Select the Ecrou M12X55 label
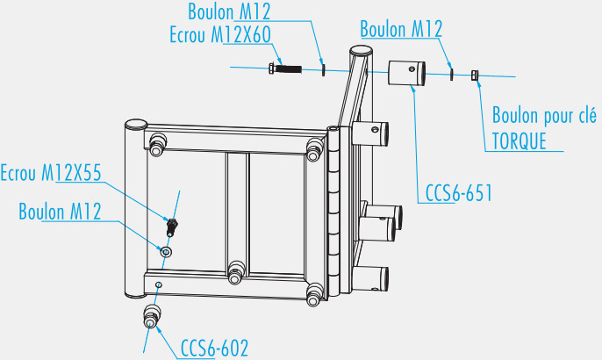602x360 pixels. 52,173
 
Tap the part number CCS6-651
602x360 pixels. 456,193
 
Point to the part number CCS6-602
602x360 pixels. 215,348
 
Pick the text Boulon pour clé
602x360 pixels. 544,116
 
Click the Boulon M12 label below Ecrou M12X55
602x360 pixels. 60,212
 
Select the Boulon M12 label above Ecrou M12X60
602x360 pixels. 229,11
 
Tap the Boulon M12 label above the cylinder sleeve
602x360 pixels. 400,30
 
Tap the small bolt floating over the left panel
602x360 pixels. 173,227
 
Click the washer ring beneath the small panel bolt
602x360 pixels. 165,252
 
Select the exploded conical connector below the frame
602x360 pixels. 151,317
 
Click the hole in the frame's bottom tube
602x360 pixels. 158,285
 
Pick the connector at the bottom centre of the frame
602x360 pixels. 235,273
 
